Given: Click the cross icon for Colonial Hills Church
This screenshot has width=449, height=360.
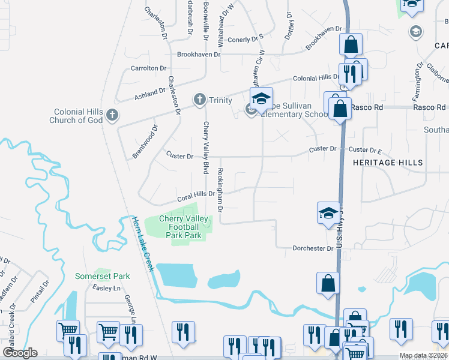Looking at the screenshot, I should click(111, 115).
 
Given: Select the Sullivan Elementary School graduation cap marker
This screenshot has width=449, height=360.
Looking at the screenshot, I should click(261, 99).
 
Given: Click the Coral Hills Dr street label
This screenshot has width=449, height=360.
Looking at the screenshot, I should click(196, 196).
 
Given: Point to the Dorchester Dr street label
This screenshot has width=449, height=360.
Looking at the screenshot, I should click(313, 248).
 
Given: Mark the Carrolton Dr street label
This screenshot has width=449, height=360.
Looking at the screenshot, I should click(148, 68).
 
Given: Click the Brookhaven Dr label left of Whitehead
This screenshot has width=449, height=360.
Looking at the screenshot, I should click(199, 54).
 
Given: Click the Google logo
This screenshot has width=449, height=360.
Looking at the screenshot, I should click(20, 353).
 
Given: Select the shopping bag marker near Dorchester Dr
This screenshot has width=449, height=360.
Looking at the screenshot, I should click(328, 284).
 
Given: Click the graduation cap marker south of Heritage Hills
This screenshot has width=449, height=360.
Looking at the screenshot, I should click(328, 214).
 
